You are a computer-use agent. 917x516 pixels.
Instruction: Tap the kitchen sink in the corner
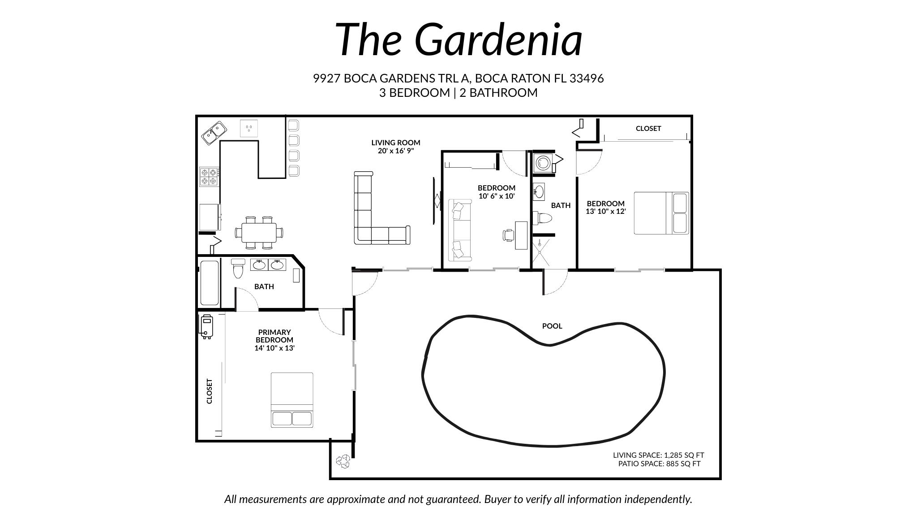point(214,133)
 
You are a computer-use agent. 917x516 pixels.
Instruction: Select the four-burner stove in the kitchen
point(209,177)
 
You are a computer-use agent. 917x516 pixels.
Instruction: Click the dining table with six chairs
point(259,233)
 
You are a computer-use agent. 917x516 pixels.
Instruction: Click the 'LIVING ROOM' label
point(395,143)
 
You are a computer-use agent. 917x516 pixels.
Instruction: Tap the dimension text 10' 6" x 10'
point(496,196)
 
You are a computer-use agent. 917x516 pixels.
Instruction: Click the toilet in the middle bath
point(543,218)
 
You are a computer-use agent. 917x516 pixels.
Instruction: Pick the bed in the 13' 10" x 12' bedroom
point(660,213)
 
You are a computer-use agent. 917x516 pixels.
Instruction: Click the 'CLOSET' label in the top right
point(648,128)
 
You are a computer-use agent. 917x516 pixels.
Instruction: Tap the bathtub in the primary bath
point(209,282)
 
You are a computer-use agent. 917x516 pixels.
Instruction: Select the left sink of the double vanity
point(259,265)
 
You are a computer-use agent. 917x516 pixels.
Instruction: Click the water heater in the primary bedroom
point(206,326)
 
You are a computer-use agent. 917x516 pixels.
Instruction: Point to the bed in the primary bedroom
point(292,399)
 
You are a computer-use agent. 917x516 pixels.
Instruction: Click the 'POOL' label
point(552,326)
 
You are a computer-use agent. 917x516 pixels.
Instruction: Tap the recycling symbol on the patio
point(343,461)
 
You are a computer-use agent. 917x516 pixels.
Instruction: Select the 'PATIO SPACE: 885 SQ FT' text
point(659,464)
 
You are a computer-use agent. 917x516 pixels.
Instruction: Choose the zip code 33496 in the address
point(586,78)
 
